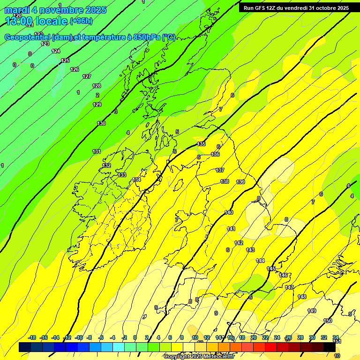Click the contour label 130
(x=101, y=123)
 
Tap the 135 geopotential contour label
(x=202, y=144)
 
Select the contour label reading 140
(x=229, y=212)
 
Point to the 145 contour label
(x=271, y=269)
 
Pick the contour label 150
(x=328, y=321)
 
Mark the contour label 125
(x=65, y=60)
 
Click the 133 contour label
(x=122, y=175)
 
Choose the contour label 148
(x=302, y=297)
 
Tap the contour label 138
(x=225, y=181)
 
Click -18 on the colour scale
(x=32, y=337)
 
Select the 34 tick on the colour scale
(x=336, y=337)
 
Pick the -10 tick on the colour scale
(x=79, y=337)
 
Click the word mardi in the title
(x=17, y=10)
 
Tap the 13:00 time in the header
(x=18, y=21)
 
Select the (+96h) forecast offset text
(x=82, y=21)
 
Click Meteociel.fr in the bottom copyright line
(x=217, y=357)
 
